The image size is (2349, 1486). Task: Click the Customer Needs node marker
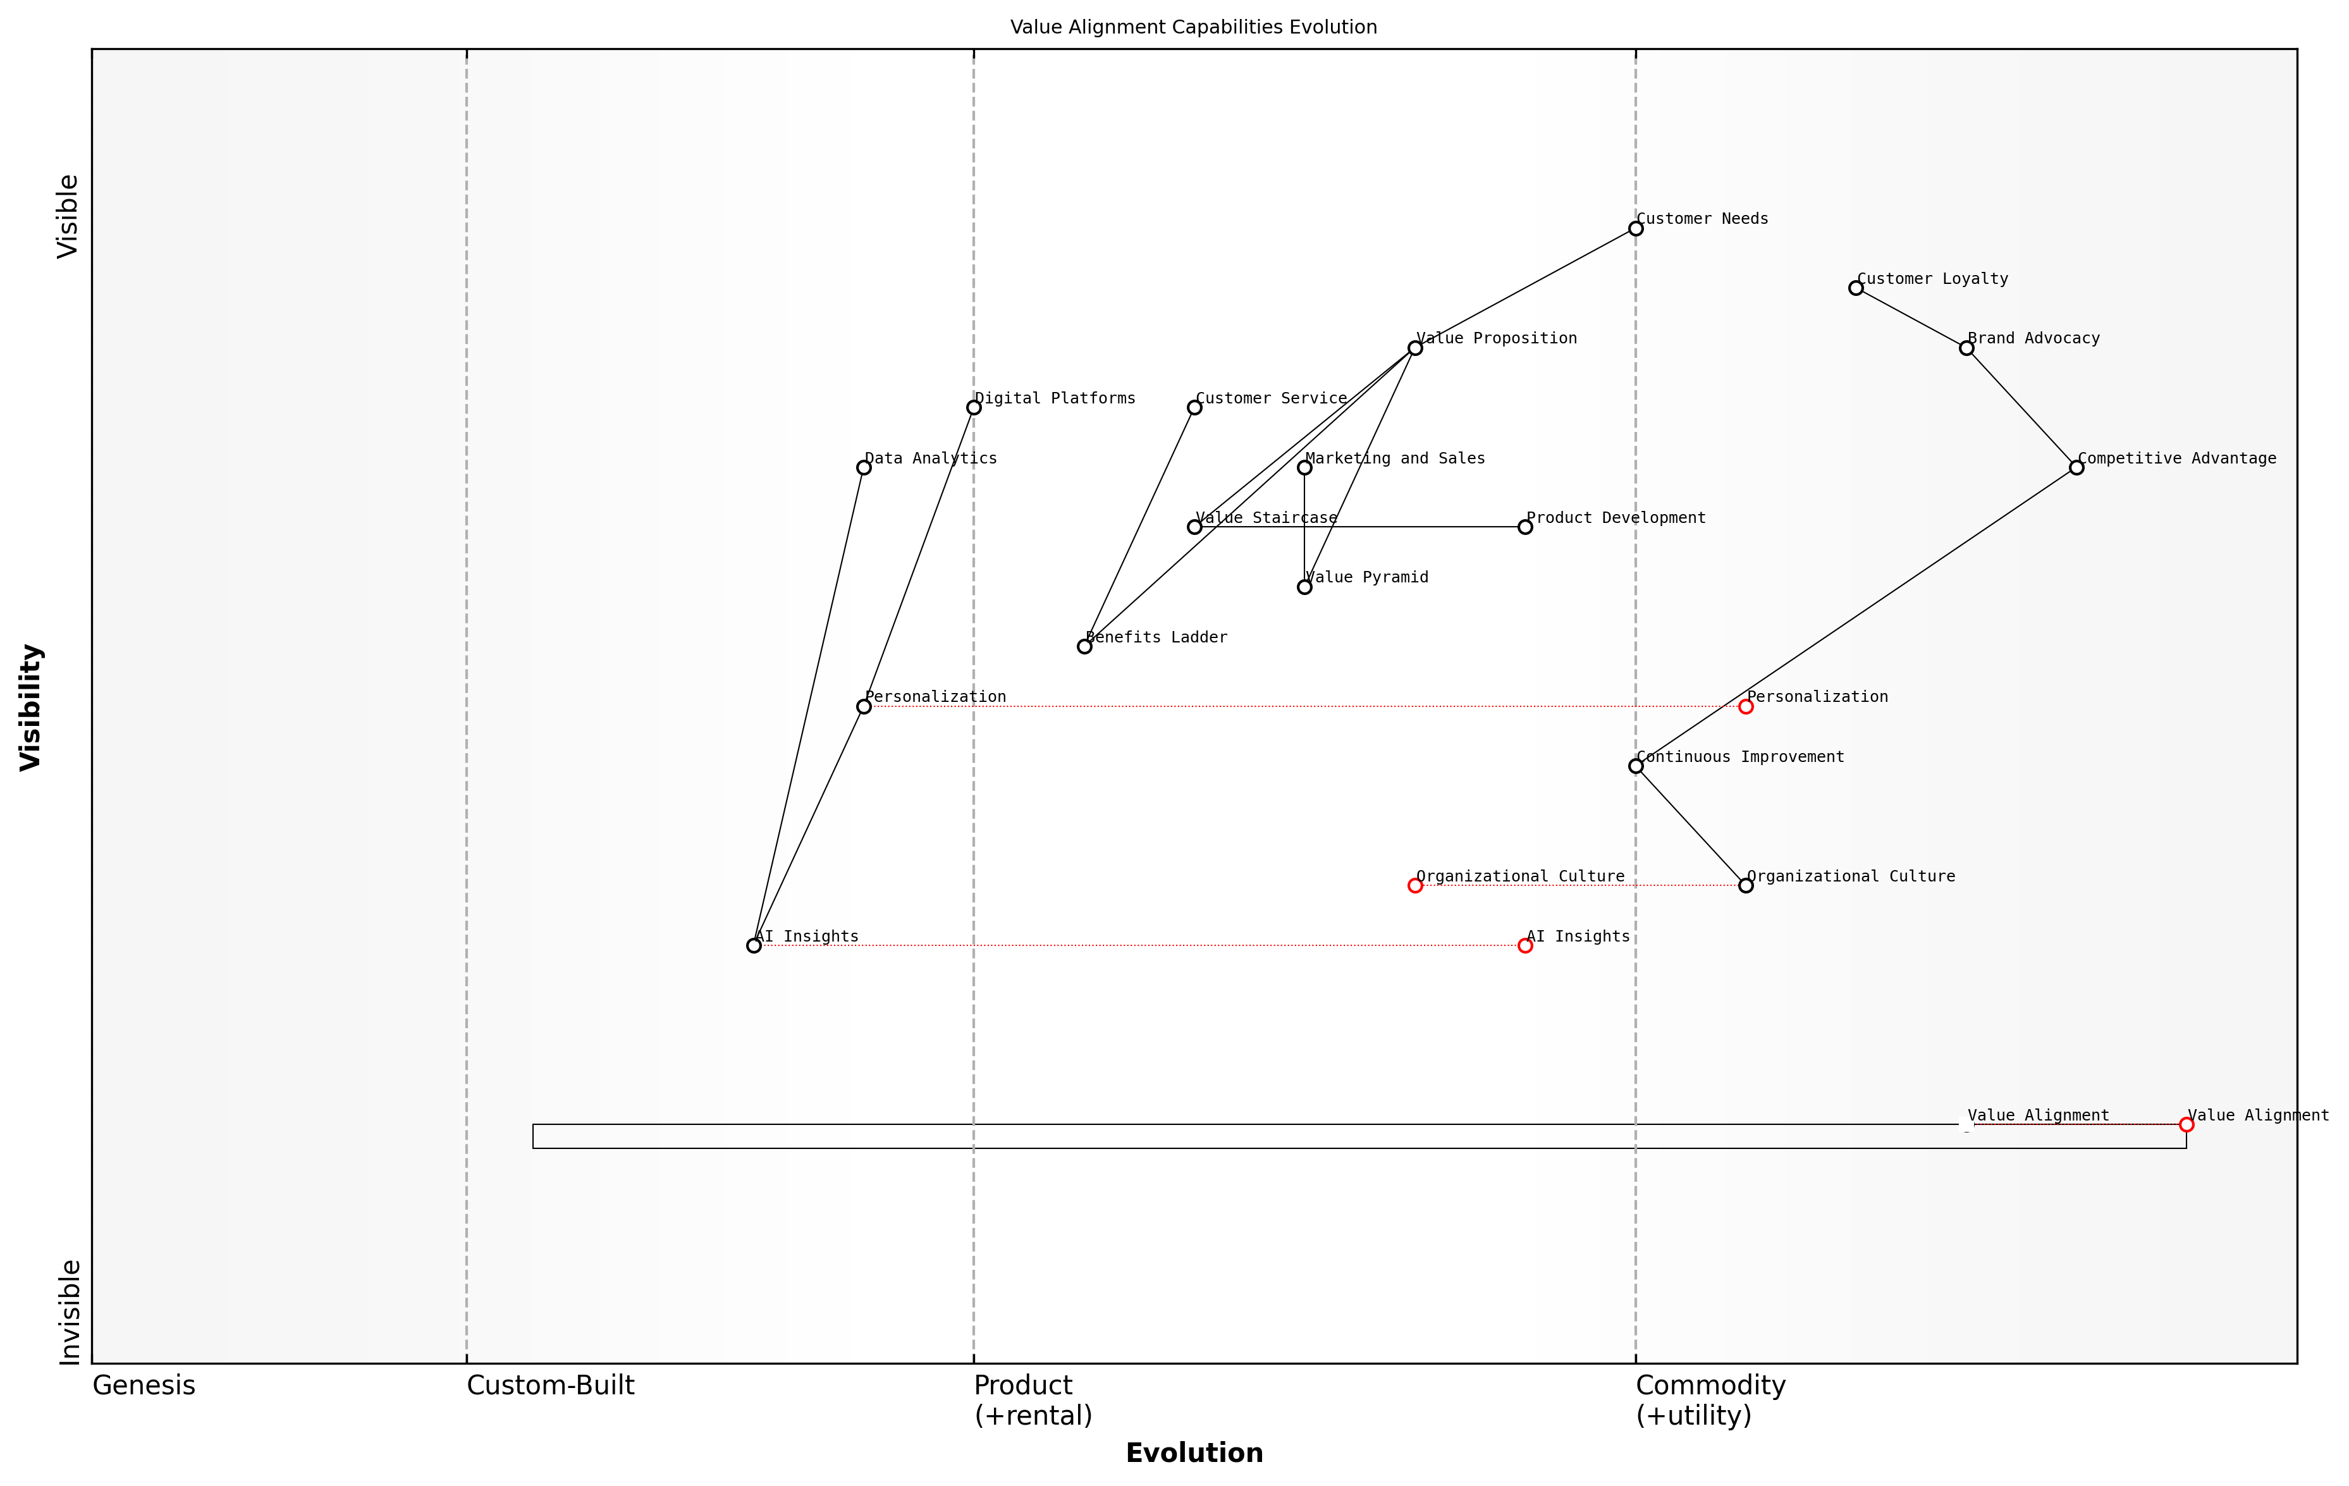click(1636, 228)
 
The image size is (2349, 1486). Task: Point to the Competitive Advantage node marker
click(2077, 467)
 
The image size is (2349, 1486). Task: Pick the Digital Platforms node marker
click(974, 408)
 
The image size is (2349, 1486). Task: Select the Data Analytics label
click(931, 458)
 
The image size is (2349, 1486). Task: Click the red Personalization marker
click(1746, 706)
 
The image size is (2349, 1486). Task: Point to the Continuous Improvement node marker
click(1636, 766)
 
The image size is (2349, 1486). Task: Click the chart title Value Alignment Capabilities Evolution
click(1193, 27)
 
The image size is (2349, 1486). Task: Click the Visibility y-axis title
click(30, 708)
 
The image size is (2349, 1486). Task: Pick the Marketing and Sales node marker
click(1304, 467)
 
